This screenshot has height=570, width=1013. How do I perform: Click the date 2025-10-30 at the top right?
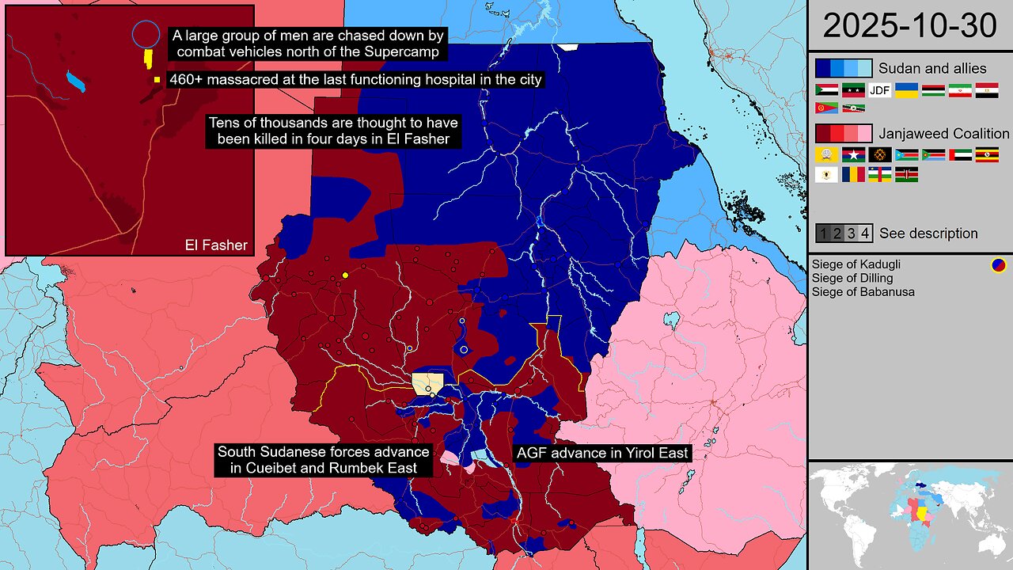coord(909,26)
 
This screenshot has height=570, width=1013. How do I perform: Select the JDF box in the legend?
coord(880,90)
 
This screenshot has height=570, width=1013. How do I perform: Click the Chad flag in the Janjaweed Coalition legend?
coord(853,174)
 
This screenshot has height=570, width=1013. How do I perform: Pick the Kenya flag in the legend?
coord(906,174)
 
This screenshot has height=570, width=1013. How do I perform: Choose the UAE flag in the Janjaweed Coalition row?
coord(960,154)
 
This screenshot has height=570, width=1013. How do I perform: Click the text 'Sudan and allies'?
coord(932,69)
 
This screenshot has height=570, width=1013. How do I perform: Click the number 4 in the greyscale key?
coord(865,234)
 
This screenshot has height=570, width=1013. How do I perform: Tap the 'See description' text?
coord(928,234)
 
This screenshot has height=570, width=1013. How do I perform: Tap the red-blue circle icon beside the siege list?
coord(998,265)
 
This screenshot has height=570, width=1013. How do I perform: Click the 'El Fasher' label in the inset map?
coord(211,245)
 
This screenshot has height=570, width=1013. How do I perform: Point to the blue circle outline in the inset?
coord(145,34)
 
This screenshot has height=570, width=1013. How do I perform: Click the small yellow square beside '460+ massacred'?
coord(157,80)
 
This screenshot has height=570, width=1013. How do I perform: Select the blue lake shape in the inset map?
coord(76,82)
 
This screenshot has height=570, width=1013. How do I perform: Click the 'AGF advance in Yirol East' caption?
coord(603,454)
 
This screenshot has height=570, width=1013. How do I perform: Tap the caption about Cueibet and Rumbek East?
coord(324,460)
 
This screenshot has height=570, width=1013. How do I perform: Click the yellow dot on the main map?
coord(345,275)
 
